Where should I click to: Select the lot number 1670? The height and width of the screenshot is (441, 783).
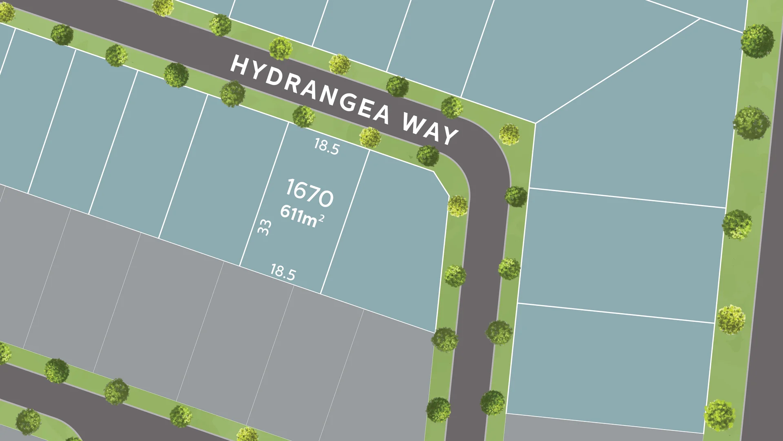[310, 193]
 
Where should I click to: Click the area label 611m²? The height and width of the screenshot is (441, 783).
[302, 216]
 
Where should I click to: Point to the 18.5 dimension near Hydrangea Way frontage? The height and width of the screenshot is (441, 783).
[326, 146]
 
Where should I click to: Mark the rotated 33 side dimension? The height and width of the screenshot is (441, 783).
[265, 227]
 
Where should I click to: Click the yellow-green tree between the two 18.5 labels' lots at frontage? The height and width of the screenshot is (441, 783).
[370, 137]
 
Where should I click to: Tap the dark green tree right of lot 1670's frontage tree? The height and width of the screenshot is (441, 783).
[427, 156]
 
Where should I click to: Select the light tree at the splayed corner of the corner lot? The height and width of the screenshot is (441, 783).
[458, 206]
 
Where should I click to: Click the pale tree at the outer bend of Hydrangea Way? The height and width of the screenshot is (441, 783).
[509, 134]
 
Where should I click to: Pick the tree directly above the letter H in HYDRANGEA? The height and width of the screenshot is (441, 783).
[220, 25]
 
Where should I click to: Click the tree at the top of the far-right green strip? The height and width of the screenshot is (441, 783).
[757, 41]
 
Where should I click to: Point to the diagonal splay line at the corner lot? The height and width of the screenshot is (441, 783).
[441, 184]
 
